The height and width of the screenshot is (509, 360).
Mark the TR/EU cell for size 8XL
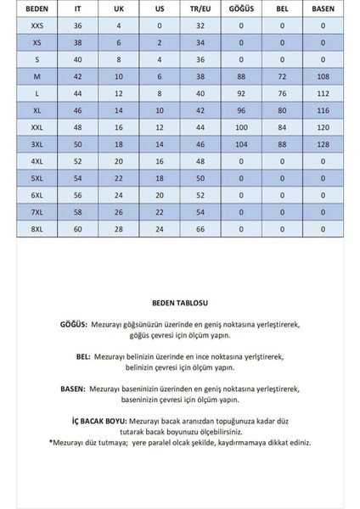[200, 230]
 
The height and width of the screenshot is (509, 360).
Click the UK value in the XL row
[118, 110]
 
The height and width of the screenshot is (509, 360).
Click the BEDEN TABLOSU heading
[180, 302]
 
